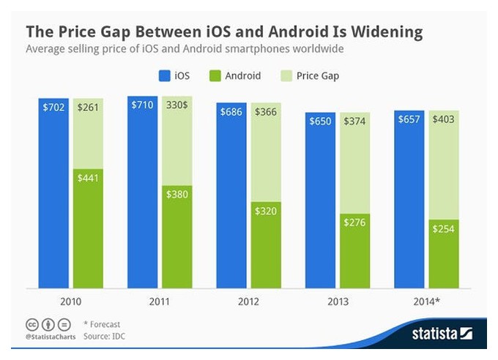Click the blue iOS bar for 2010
[53, 193]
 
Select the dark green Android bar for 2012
[266, 245]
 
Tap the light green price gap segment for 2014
[444, 165]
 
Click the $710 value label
[142, 105]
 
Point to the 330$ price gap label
[177, 105]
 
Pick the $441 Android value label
[88, 178]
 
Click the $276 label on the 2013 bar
[354, 222]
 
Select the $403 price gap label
[443, 119]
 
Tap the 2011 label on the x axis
[160, 301]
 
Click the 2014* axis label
[426, 301]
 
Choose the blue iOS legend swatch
[165, 76]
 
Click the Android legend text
[243, 76]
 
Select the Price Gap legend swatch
[286, 76]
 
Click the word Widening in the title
[387, 32]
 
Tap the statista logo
[442, 334]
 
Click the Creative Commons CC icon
[32, 325]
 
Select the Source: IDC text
[104, 336]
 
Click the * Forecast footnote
[102, 324]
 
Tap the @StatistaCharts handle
[51, 337]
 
